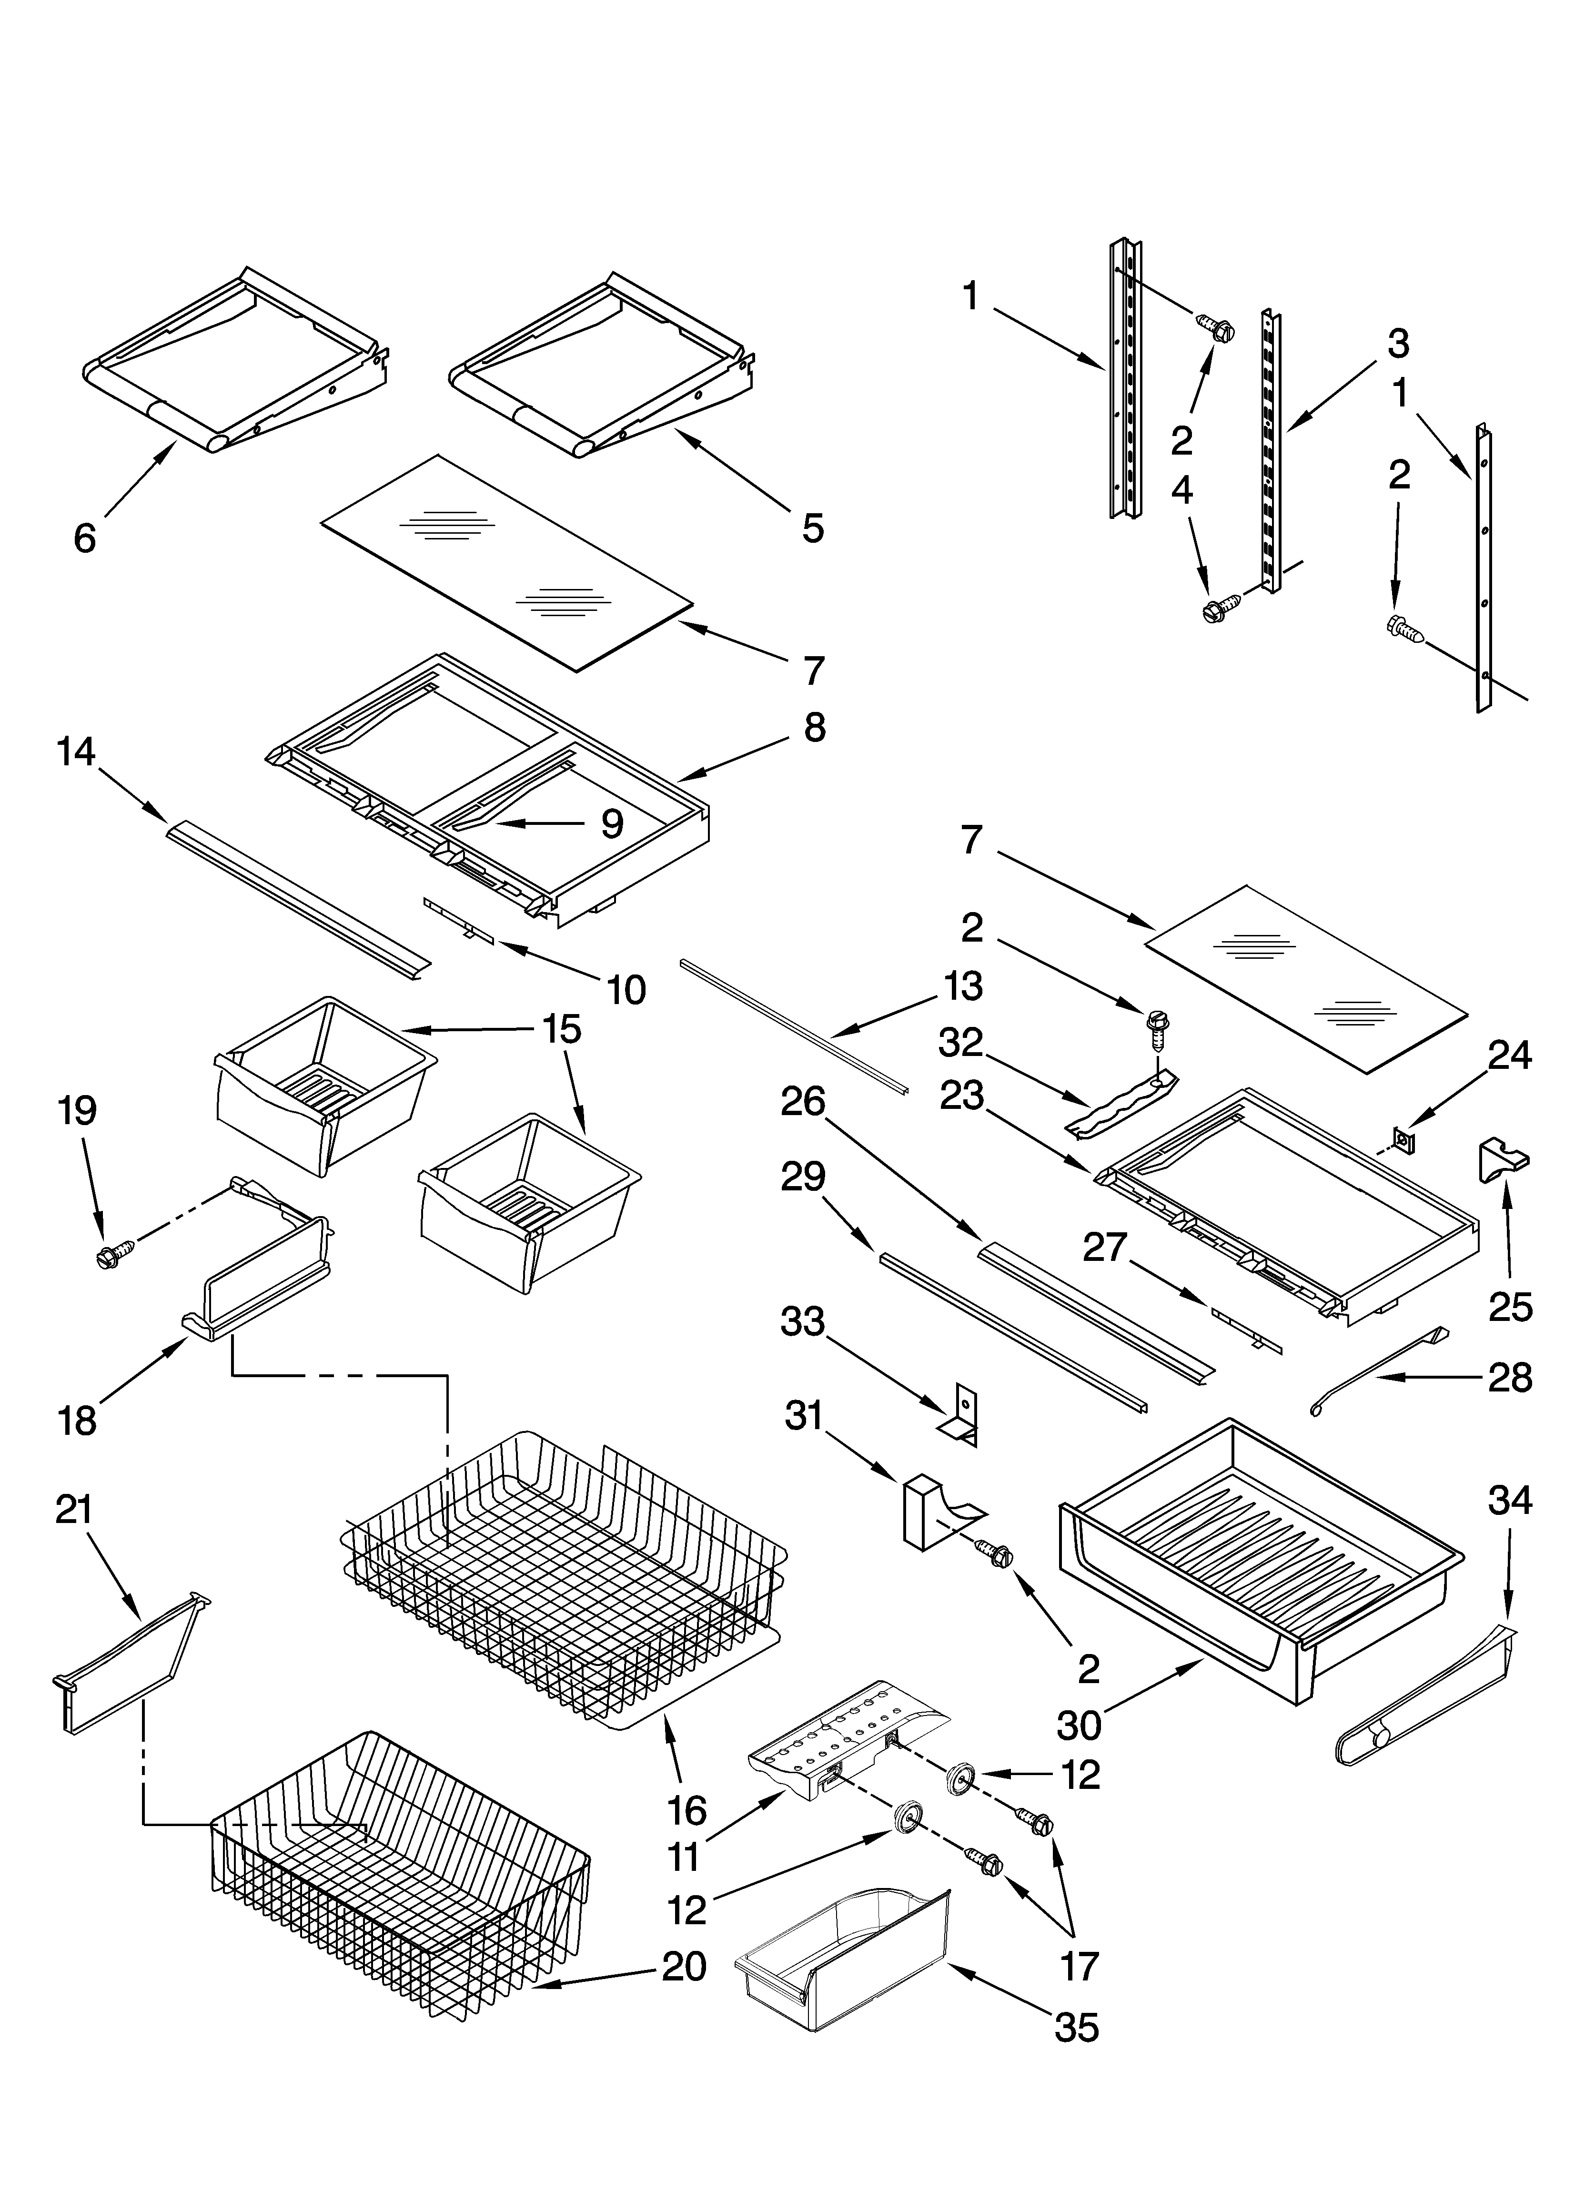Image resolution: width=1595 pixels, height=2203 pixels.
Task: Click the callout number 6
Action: point(85,537)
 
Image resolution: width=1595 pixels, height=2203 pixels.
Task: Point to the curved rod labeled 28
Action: point(1379,1371)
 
